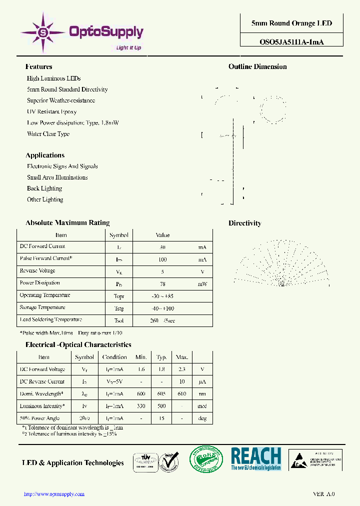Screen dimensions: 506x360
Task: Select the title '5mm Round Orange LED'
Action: (x=291, y=23)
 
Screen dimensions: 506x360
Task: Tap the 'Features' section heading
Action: (x=38, y=67)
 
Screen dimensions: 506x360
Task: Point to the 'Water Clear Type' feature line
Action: (x=48, y=134)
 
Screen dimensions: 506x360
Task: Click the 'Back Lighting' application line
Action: (x=44, y=188)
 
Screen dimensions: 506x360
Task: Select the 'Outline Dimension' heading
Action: (x=257, y=67)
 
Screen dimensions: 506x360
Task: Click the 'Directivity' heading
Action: (x=244, y=223)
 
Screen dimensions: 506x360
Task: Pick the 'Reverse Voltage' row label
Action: (x=37, y=271)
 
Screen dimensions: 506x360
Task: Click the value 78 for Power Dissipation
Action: (x=162, y=283)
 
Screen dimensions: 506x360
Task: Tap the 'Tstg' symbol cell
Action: (x=118, y=308)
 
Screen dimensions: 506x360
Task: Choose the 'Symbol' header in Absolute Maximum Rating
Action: (x=118, y=235)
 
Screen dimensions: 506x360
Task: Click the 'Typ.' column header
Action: (x=161, y=357)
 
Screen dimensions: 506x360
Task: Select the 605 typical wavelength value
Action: (x=161, y=394)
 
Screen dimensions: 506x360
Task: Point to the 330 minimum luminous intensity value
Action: (x=141, y=406)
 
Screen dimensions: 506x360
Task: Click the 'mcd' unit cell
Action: (x=202, y=406)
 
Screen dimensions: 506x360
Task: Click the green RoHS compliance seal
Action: (x=205, y=459)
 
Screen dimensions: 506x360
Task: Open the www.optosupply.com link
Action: (x=54, y=494)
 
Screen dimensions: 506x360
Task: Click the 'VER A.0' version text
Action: (x=323, y=494)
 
